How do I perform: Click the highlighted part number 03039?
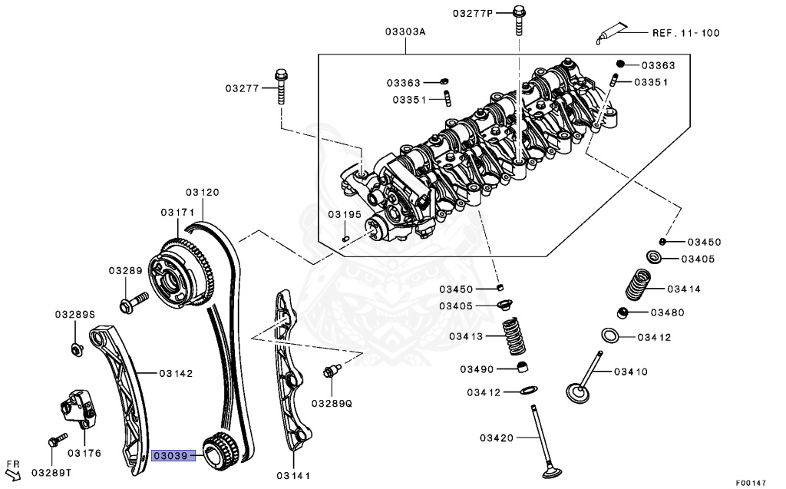click(x=170, y=455)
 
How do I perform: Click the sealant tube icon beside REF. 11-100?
click(x=609, y=35)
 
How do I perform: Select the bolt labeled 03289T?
click(x=54, y=441)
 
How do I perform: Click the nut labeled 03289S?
click(x=76, y=350)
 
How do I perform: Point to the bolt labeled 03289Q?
click(x=331, y=372)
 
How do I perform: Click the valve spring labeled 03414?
click(x=636, y=285)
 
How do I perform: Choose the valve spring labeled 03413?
click(x=518, y=335)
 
